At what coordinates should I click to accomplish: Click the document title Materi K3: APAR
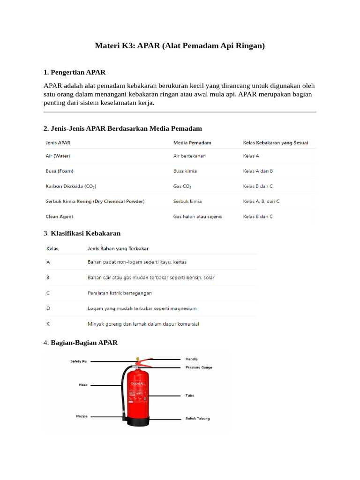click(180, 46)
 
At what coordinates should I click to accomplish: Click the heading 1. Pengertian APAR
click(74, 72)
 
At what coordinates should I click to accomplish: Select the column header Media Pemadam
click(192, 142)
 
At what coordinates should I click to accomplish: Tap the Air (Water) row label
click(58, 156)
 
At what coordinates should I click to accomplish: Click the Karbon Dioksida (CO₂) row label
click(71, 187)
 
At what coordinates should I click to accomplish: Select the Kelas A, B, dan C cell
click(261, 202)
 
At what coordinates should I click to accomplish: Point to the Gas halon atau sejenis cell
click(197, 217)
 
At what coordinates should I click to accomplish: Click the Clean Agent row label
click(60, 217)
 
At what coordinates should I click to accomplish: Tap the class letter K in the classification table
click(48, 324)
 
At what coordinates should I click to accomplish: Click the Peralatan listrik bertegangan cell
click(120, 293)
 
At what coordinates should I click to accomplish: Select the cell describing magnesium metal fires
click(142, 308)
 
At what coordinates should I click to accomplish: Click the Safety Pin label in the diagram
click(79, 361)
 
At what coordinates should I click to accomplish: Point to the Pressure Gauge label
click(199, 367)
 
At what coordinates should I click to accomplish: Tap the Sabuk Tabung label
click(197, 418)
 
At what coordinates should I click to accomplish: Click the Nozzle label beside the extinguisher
click(82, 416)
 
